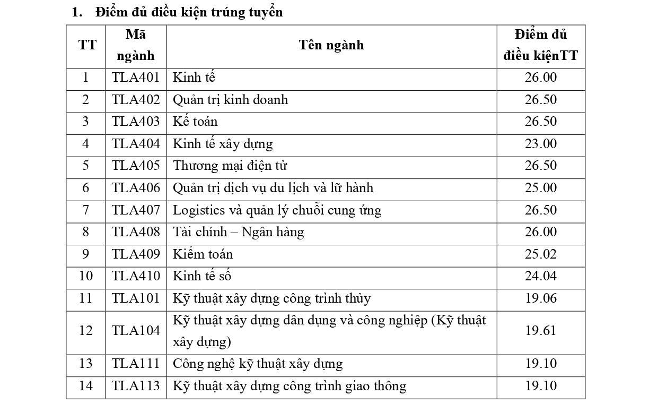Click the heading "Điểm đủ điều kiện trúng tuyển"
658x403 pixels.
(189, 12)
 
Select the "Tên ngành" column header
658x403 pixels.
(331, 45)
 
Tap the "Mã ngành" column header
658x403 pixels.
(136, 45)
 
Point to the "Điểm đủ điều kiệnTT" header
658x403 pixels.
(540, 45)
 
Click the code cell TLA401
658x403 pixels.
(136, 78)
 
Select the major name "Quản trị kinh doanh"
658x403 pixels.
(230, 100)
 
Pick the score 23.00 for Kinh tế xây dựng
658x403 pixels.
(541, 144)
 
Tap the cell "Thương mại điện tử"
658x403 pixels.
(230, 166)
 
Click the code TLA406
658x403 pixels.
(136, 188)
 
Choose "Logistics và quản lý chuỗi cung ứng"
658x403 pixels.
(277, 210)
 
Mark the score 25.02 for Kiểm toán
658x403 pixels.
(541, 254)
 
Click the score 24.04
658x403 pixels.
(541, 276)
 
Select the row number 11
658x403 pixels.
(85, 298)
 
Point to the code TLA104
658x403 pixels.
(136, 331)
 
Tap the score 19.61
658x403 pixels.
(541, 331)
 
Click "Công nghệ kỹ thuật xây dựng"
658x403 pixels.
(258, 364)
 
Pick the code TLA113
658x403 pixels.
(136, 386)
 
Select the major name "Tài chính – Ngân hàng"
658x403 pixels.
(238, 232)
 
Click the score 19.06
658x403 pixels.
(541, 298)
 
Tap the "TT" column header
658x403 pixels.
(87, 45)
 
